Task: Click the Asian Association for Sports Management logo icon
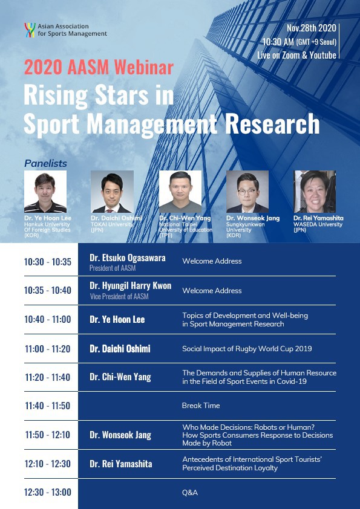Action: coord(30,30)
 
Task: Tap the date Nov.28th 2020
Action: coord(311,28)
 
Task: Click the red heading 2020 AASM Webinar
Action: coord(99,68)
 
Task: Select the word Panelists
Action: coord(45,164)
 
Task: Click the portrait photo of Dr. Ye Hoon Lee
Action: coord(45,192)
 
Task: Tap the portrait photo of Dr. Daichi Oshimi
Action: coord(112,192)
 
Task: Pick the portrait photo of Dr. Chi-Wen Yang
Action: coord(180,192)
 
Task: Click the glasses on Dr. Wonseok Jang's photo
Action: coord(247,191)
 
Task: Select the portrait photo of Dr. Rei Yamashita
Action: coord(315,192)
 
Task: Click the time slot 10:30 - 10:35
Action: coord(48,262)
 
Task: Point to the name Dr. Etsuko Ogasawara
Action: coord(128,258)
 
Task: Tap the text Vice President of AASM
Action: coord(119,296)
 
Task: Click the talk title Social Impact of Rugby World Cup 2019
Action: coord(247,349)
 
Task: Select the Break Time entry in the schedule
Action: coord(201,406)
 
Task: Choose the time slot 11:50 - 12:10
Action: coord(48,435)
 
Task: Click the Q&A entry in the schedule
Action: coord(190,493)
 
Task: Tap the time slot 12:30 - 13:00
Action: coord(48,492)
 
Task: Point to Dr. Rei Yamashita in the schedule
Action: coord(121,464)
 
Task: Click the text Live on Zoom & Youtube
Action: coord(296,55)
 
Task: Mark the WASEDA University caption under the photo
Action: coord(318,224)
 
